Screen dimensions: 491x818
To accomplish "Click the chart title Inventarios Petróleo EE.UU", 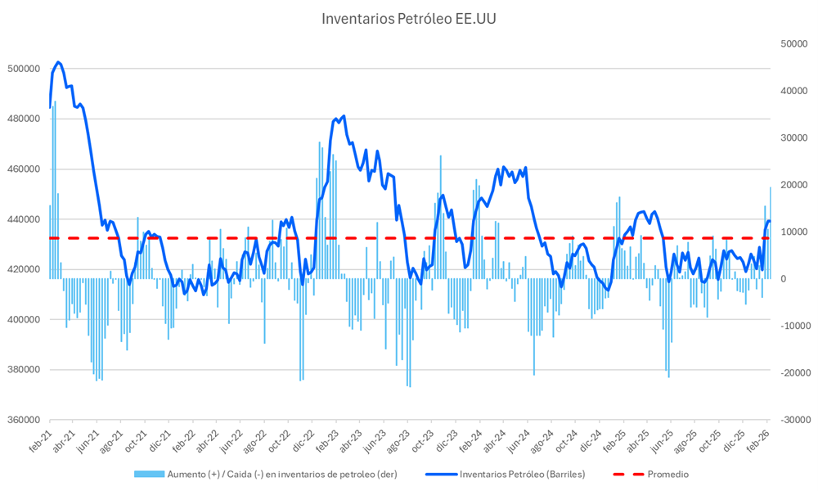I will coord(408,18).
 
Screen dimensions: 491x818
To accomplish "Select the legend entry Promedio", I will coord(667,474).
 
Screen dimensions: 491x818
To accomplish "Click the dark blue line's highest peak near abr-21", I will coord(57,62).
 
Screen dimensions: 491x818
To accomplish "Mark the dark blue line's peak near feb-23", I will coord(343,116).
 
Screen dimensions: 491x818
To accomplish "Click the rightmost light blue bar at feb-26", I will coord(770,233).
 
